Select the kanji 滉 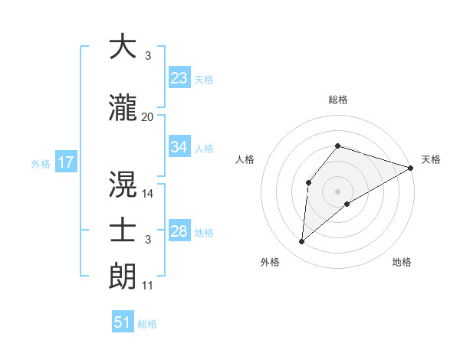point(123,185)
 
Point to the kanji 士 point(123,231)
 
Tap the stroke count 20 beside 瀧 point(148,116)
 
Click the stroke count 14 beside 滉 point(148,193)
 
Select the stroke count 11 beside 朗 point(148,286)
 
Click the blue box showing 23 point(179,78)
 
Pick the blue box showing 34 point(179,147)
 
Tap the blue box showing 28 point(179,231)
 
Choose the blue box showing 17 point(65,162)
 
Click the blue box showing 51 point(123,322)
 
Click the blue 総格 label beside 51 point(147,324)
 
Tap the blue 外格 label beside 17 point(41,163)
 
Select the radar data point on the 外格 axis point(302,242)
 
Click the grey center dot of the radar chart point(337,191)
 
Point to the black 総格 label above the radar point(338,100)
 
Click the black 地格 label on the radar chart point(402,262)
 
